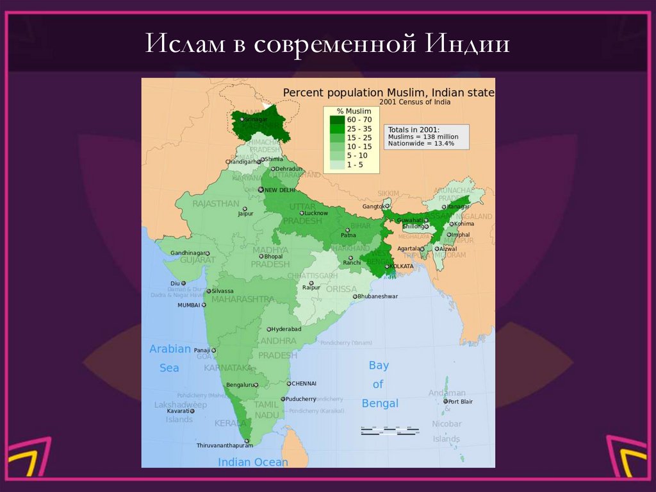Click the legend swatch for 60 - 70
[336, 120]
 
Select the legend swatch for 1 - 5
[336, 164]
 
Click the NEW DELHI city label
[279, 190]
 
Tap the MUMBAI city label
[190, 305]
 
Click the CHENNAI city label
[304, 384]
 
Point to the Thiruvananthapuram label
[224, 445]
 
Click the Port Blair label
[461, 402]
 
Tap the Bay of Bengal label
[379, 384]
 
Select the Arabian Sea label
[170, 359]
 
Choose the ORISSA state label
[341, 289]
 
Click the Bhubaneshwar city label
[378, 296]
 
